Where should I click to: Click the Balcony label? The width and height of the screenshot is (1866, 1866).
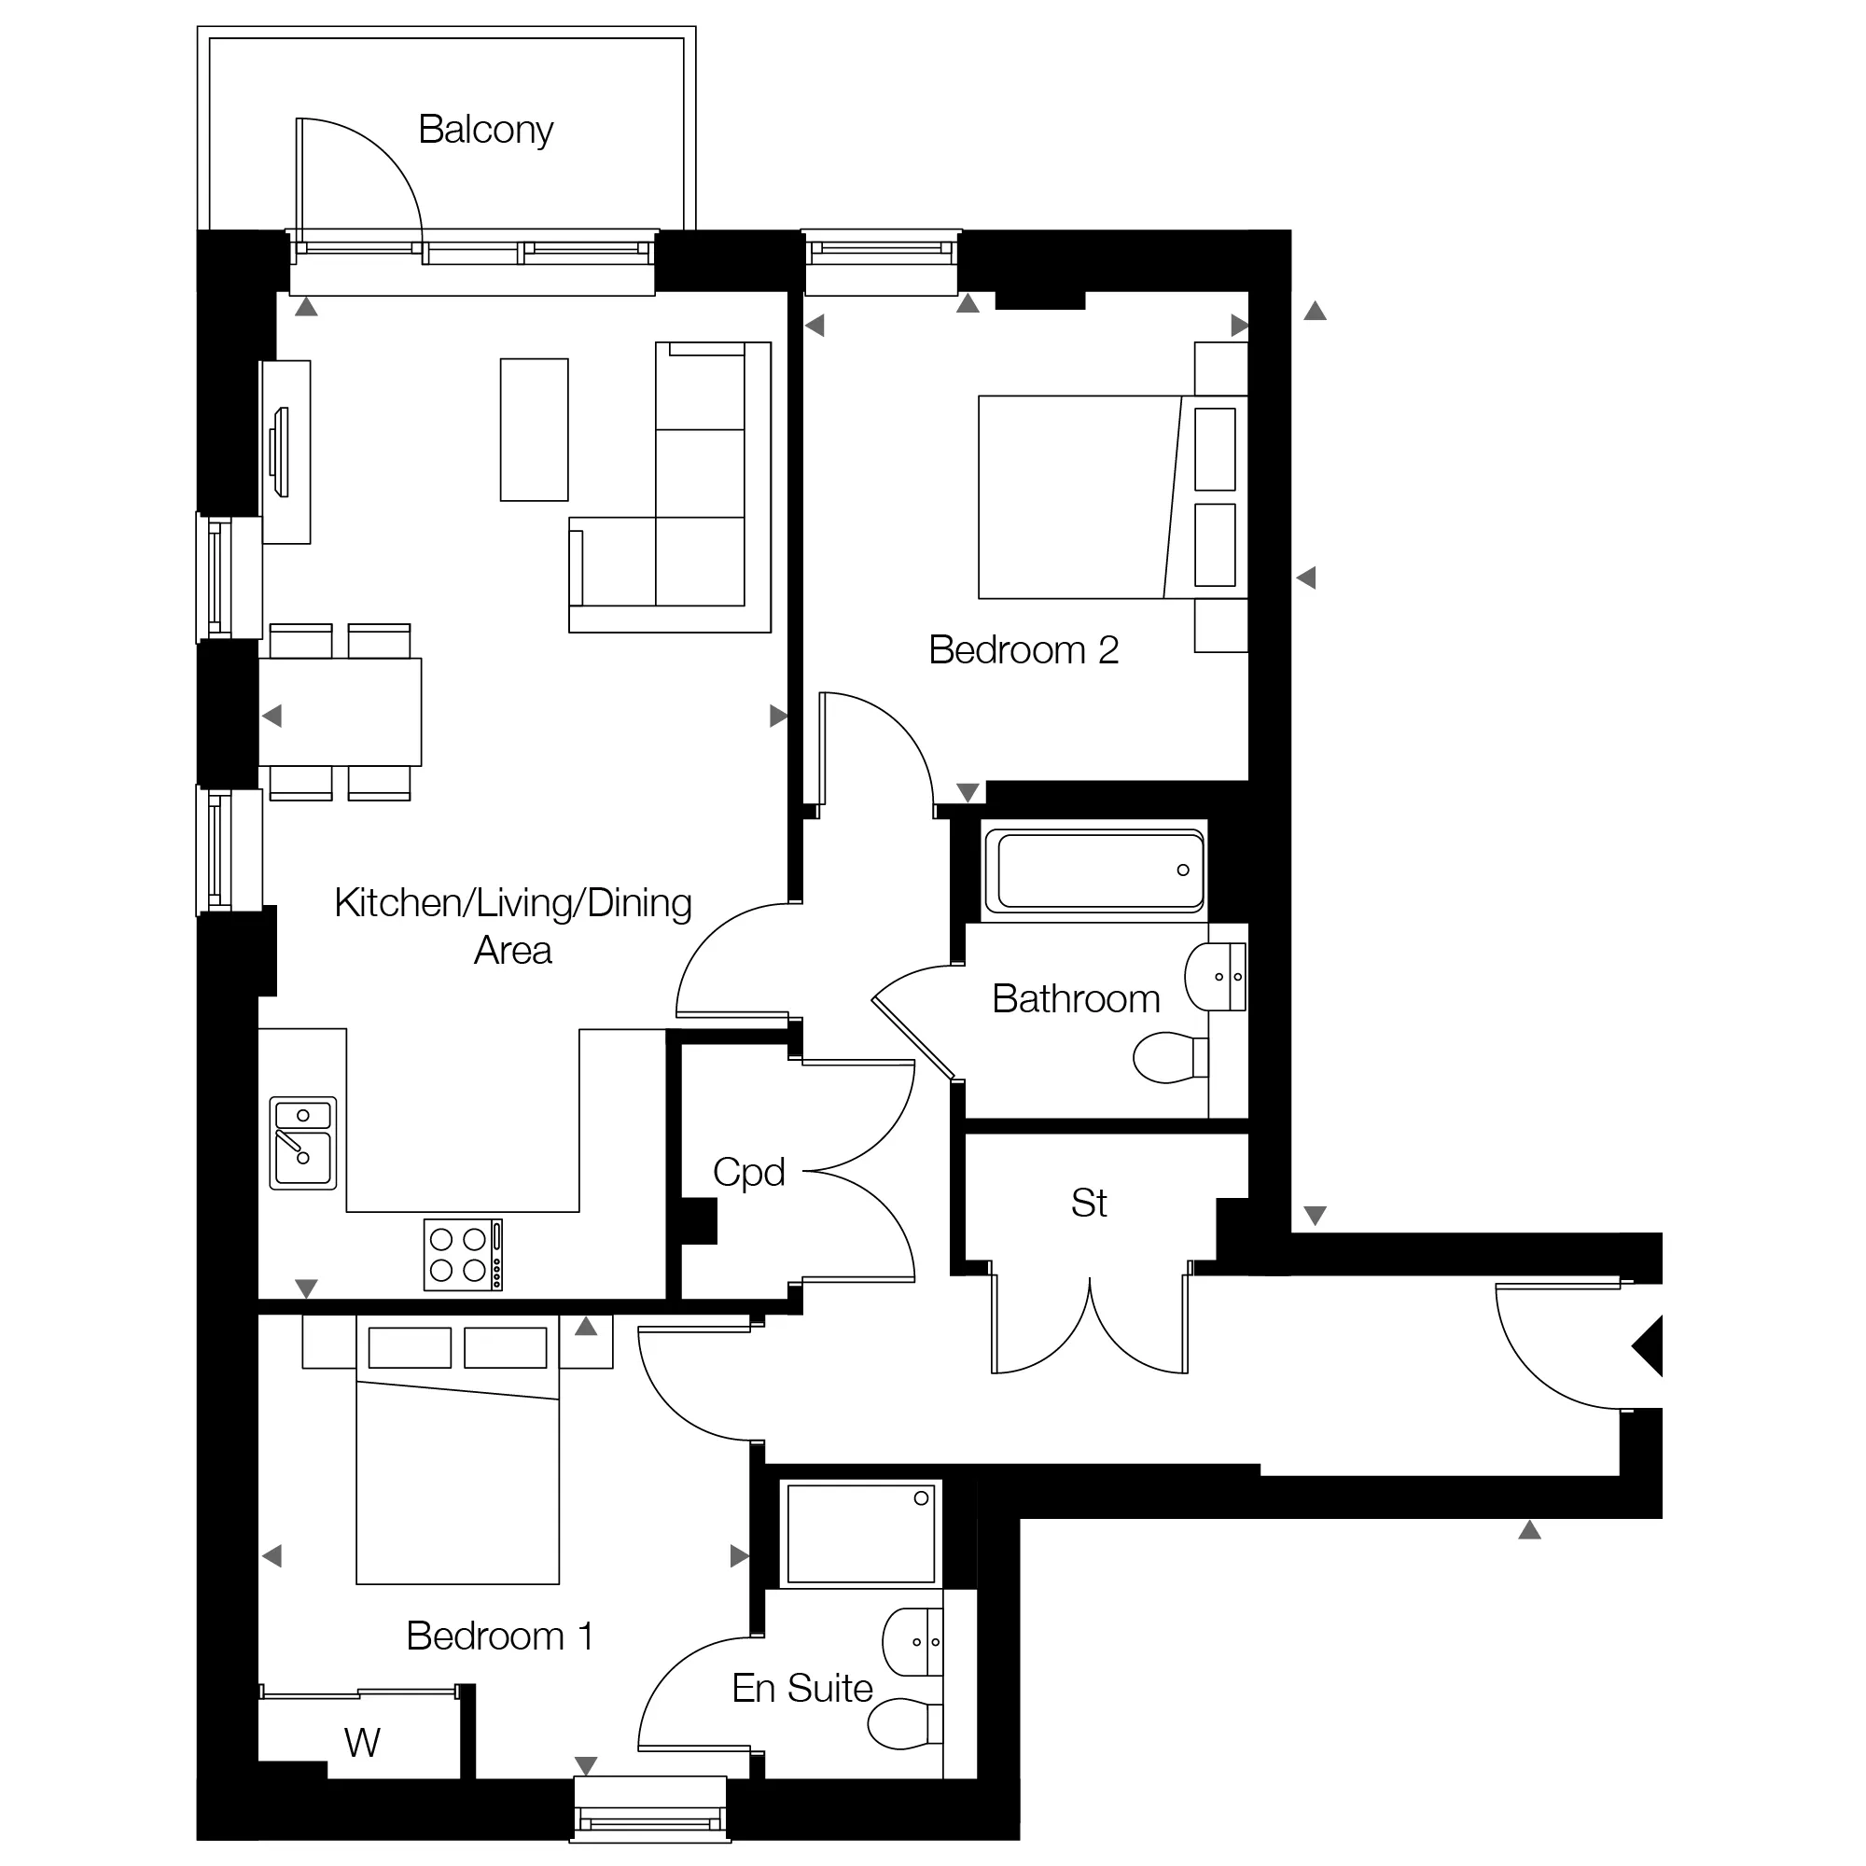[485, 131]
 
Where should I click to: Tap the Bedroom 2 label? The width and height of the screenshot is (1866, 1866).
[1023, 650]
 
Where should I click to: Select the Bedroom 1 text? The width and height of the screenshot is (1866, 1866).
[499, 1636]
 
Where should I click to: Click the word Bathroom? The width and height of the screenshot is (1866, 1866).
[1076, 998]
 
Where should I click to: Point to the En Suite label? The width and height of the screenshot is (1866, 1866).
[801, 1689]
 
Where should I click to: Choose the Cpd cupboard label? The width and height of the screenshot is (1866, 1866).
[748, 1174]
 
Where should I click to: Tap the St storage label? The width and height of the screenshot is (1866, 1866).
[1089, 1204]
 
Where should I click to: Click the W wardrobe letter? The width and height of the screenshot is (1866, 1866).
[362, 1744]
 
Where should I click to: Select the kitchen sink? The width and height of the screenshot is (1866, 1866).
[303, 1143]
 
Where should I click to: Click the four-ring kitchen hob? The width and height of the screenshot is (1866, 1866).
[463, 1255]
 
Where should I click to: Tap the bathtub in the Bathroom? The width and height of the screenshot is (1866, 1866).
[1094, 870]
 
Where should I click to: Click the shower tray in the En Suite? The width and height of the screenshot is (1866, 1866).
[860, 1533]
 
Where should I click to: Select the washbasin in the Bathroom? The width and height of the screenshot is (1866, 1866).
[1215, 978]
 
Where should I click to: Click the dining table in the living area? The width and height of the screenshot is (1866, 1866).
[340, 713]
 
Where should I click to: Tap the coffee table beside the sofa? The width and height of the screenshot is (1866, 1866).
[534, 430]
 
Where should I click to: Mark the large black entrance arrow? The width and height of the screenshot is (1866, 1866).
[1647, 1346]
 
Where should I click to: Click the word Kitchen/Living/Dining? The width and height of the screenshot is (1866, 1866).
[513, 904]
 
